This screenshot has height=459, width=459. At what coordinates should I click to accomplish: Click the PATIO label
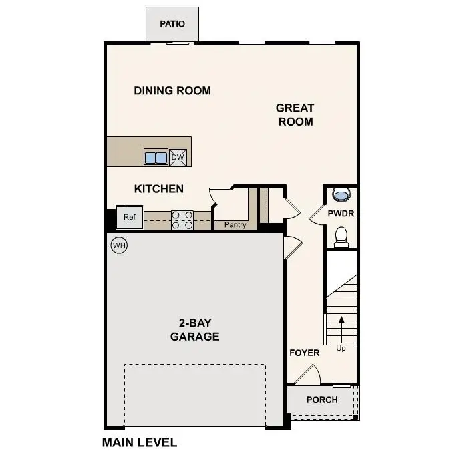(172, 24)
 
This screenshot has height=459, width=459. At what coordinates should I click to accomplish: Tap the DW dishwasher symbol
(178, 158)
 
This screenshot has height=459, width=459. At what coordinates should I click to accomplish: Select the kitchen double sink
(156, 158)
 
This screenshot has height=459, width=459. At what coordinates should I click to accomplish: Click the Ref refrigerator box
(129, 217)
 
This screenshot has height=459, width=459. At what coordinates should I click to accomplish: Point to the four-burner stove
(182, 220)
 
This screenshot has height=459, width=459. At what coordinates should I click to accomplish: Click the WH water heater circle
(119, 245)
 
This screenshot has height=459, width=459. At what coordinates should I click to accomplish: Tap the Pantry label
(235, 225)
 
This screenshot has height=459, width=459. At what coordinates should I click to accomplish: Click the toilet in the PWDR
(341, 236)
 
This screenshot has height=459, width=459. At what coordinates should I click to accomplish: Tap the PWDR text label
(341, 214)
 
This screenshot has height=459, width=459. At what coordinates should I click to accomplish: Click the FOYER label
(304, 353)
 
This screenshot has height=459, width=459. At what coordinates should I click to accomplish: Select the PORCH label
(322, 400)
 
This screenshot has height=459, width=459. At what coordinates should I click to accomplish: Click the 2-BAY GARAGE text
(194, 329)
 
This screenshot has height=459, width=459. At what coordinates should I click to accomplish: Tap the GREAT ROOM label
(295, 114)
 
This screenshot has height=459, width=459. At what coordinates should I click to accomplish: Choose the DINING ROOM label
(172, 90)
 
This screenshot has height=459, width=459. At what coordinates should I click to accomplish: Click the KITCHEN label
(159, 189)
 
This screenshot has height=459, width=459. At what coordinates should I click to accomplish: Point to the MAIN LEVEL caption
(140, 442)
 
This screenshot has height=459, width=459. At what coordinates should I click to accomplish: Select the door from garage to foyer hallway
(291, 248)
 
